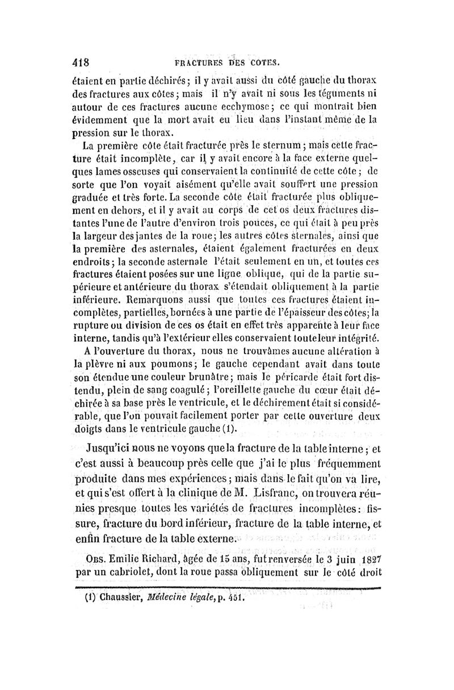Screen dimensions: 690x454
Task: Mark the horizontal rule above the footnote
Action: [227, 588]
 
